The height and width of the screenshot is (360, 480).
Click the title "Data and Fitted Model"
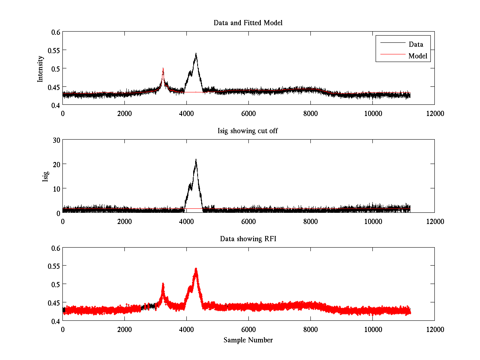pyautogui.click(x=248, y=23)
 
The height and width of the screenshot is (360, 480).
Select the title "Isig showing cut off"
pyautogui.click(x=248, y=131)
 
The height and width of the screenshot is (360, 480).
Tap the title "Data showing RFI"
pyautogui.click(x=248, y=239)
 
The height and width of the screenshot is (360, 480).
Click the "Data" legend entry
pyautogui.click(x=416, y=44)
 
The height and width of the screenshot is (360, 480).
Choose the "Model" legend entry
pyautogui.click(x=418, y=56)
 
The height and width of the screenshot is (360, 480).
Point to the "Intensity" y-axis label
pyautogui.click(x=40, y=69)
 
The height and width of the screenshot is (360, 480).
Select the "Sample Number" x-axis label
pyautogui.click(x=248, y=340)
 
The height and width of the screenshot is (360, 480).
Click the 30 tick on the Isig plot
pyautogui.click(x=55, y=140)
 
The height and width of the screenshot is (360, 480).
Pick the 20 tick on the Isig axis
pyautogui.click(x=55, y=164)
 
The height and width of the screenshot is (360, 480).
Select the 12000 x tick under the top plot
pyautogui.click(x=434, y=113)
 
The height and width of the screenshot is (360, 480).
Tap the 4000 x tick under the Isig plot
pyautogui.click(x=186, y=221)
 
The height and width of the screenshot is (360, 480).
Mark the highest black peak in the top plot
pyautogui.click(x=196, y=54)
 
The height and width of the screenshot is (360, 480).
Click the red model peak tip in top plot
pyautogui.click(x=163, y=69)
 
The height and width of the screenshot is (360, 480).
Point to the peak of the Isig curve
pyautogui.click(x=196, y=160)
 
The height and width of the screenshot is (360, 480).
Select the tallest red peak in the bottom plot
pyautogui.click(x=196, y=269)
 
